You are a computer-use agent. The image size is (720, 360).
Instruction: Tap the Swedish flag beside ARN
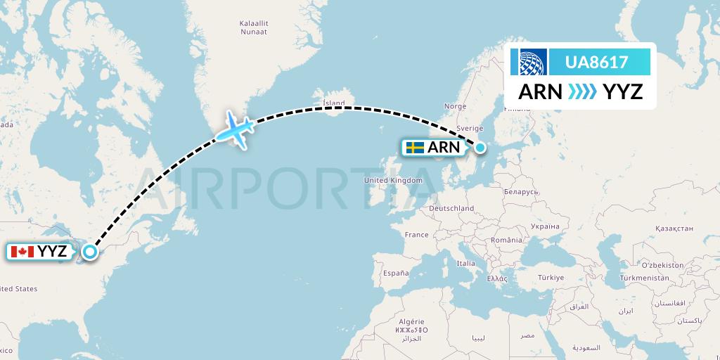coord(415,148)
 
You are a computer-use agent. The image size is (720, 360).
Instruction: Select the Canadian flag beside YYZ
coord(22,252)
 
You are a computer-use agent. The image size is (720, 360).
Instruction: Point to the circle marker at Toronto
coord(90,252)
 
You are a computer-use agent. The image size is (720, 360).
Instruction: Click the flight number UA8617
coord(597,62)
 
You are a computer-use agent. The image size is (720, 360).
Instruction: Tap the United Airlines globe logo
coord(533,62)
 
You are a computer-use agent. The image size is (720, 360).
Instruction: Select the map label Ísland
coord(333,103)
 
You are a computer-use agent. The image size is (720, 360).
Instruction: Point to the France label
coord(416,235)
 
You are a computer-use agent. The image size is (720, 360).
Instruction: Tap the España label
coord(396,273)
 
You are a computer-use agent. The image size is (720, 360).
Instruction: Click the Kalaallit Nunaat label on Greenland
coord(253,27)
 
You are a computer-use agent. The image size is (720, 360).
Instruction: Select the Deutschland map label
coord(451,209)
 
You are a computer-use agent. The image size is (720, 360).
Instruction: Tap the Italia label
coord(466,264)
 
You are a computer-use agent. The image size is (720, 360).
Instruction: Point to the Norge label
coord(456,107)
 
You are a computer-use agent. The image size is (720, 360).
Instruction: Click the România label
coord(507,240)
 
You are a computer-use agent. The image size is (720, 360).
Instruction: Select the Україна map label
coord(544,226)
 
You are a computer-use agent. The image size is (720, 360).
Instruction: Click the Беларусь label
coord(519,191)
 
